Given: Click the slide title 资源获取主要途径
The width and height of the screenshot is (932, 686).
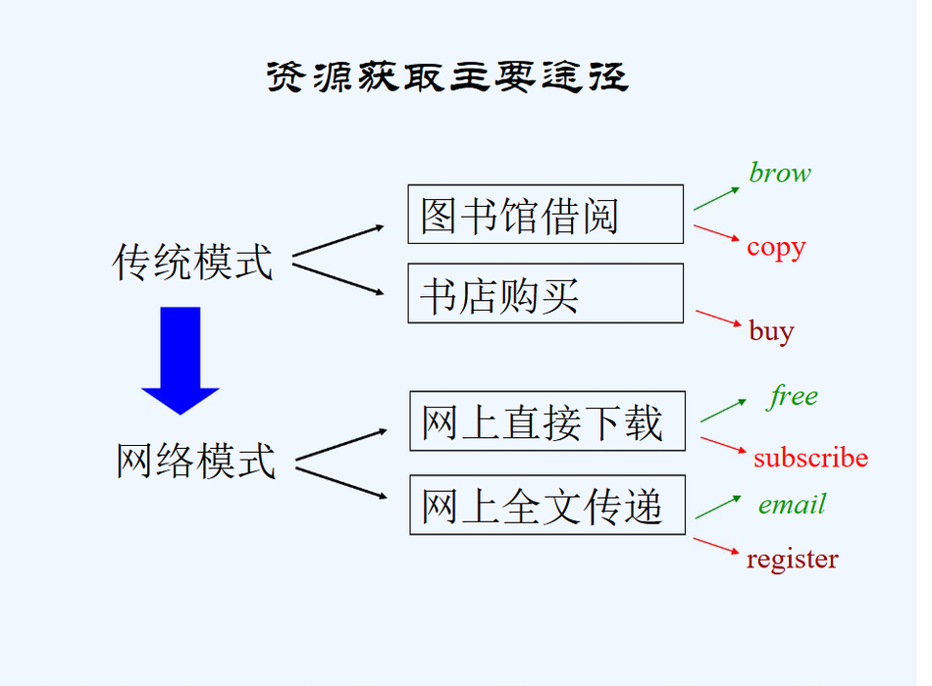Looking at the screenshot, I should pos(447,77).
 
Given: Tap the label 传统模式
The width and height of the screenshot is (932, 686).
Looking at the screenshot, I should pos(193,262).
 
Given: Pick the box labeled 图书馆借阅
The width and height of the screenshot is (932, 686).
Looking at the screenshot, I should pos(545,214).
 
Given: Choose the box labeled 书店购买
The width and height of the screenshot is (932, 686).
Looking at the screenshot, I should pos(545,293).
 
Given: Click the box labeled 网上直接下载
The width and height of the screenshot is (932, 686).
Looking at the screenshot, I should pos(546,421).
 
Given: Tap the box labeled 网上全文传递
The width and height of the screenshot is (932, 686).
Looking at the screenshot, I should pos(546,506).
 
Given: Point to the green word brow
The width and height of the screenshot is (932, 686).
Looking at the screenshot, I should pos(780,173).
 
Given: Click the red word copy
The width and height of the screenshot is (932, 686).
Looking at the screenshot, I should pos(775,247).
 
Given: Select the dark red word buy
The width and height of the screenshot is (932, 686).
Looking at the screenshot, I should pos(771,331).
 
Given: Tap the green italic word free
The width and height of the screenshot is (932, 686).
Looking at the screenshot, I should pos(793,396).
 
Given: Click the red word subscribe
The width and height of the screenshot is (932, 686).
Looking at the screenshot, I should pos(810,457).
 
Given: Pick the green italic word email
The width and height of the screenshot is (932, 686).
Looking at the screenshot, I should pos(792,505).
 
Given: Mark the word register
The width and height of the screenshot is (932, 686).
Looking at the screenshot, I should pos(792,560).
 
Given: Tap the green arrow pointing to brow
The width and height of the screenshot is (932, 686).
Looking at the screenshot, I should pos(716,196).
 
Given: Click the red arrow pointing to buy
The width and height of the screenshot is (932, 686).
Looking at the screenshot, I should pos(719,320).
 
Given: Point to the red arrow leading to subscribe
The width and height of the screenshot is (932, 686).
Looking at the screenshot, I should pos(724,446).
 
